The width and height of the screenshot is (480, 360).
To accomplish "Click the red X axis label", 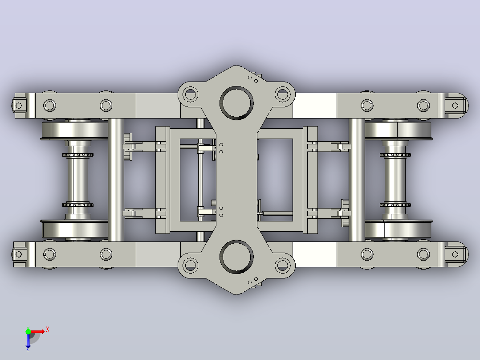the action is (x=48, y=330).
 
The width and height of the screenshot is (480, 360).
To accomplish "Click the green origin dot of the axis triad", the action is (x=28, y=331).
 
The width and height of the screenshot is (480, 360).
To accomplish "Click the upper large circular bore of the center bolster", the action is (x=236, y=102).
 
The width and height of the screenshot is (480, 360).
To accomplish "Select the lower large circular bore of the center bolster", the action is (x=236, y=257).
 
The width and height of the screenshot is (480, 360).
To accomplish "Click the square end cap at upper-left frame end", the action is (x=19, y=106).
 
